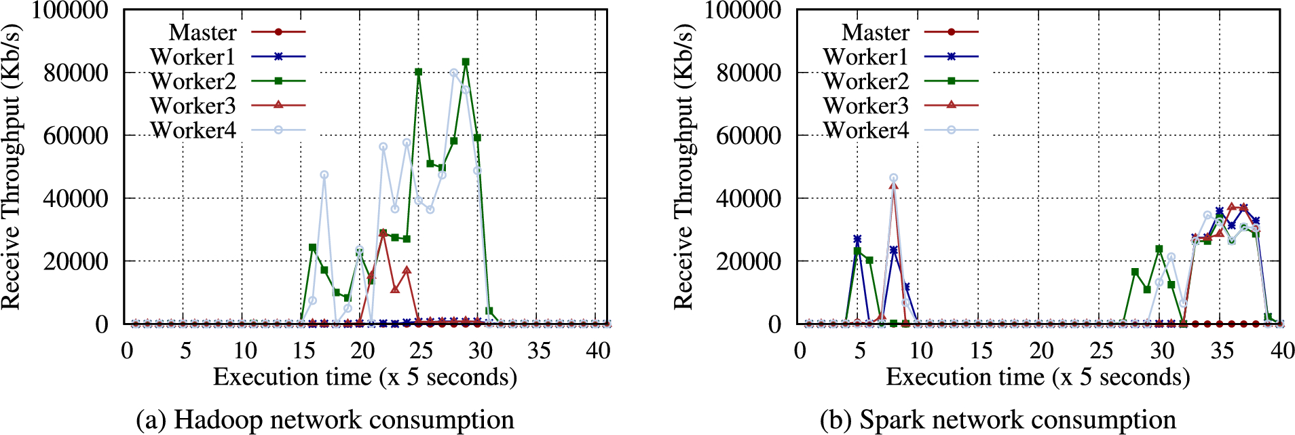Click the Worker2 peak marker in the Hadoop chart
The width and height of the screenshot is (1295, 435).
[466, 62]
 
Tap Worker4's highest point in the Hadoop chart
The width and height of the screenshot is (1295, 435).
[453, 73]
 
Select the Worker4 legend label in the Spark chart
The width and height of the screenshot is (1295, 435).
[865, 130]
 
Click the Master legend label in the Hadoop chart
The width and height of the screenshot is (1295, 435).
[202, 32]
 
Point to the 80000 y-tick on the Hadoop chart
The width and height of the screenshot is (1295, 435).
[75, 73]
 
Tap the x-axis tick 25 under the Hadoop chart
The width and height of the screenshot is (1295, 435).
[421, 351]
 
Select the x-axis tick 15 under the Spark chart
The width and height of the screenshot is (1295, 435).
[981, 351]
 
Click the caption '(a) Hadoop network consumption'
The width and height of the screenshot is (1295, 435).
[324, 419]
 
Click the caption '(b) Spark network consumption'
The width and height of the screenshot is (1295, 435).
[998, 419]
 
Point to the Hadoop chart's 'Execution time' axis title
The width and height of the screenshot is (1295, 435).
[365, 377]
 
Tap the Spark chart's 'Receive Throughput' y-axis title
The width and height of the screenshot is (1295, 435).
[683, 167]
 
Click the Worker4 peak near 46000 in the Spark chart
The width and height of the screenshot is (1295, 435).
[893, 178]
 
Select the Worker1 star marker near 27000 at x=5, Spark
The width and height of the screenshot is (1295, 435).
[857, 239]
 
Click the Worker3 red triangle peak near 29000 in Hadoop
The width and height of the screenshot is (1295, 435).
[383, 233]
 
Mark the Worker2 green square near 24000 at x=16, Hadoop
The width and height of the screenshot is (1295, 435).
[312, 248]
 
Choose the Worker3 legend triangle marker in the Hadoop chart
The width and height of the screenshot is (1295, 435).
[278, 105]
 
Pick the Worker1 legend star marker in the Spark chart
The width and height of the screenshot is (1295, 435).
[951, 56]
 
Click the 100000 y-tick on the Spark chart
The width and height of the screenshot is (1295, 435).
[743, 10]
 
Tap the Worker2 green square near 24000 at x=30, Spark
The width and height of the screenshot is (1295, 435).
[1159, 249]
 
